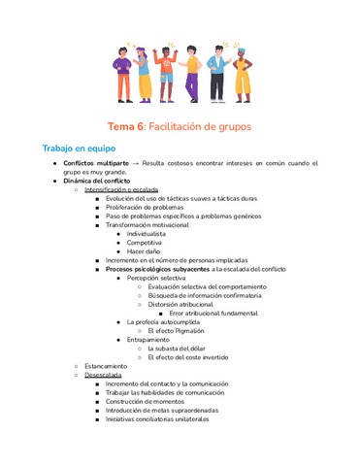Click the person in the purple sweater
[122, 72]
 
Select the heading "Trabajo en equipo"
[77, 149]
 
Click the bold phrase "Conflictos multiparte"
[96, 167]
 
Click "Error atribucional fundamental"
[213, 314]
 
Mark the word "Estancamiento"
[105, 366]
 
